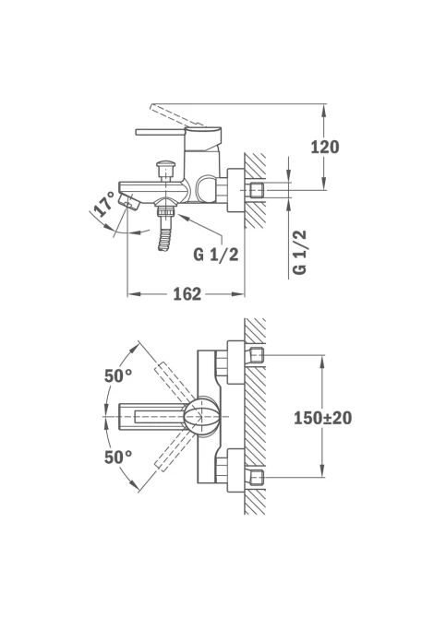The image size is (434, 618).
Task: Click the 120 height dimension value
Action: (325, 147)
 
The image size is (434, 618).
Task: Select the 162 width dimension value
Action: (187, 294)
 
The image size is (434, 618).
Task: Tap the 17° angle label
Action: (104, 204)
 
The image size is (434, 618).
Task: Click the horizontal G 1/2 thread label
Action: (216, 255)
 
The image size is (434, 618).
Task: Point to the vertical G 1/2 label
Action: (299, 252)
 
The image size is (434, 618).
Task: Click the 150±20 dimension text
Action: (323, 418)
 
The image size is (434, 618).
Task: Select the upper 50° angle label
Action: (118, 376)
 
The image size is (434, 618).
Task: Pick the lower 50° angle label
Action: (118, 458)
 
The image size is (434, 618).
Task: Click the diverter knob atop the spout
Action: (165, 170)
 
